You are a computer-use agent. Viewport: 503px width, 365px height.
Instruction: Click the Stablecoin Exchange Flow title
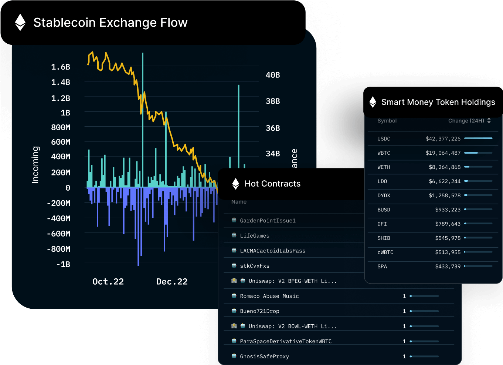(x=110, y=23)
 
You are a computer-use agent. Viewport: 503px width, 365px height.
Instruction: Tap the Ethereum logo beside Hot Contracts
(x=235, y=184)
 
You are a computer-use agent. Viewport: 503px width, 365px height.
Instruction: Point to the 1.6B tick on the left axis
(x=61, y=67)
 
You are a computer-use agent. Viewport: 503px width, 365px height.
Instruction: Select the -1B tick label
(x=63, y=264)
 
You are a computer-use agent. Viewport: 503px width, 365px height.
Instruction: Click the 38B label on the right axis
(x=273, y=101)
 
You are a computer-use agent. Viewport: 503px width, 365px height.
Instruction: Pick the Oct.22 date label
(x=108, y=282)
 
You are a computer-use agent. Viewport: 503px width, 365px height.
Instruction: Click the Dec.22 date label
(x=172, y=282)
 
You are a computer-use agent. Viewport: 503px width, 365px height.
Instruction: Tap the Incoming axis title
(x=35, y=165)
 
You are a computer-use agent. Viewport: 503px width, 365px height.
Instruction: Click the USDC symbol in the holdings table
(x=384, y=139)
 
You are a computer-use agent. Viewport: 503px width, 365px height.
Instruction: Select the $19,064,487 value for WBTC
(x=443, y=153)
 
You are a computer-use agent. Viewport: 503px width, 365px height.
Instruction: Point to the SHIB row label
(x=384, y=238)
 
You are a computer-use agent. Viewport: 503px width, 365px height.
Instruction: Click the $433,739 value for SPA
(x=448, y=267)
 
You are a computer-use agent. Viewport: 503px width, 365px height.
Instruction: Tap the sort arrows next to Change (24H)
(x=489, y=121)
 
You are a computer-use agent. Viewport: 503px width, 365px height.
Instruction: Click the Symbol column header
(x=387, y=121)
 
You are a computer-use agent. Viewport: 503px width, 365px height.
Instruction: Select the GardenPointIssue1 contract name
(x=268, y=221)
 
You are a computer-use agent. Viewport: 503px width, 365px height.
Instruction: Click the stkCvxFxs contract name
(x=255, y=266)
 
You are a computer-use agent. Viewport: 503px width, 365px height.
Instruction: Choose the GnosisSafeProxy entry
(x=264, y=356)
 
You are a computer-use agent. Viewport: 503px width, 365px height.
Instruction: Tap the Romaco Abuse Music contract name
(x=269, y=296)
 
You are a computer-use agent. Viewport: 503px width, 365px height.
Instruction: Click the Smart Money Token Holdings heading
(x=438, y=102)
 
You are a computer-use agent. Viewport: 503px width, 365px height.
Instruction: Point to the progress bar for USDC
(x=478, y=138)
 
